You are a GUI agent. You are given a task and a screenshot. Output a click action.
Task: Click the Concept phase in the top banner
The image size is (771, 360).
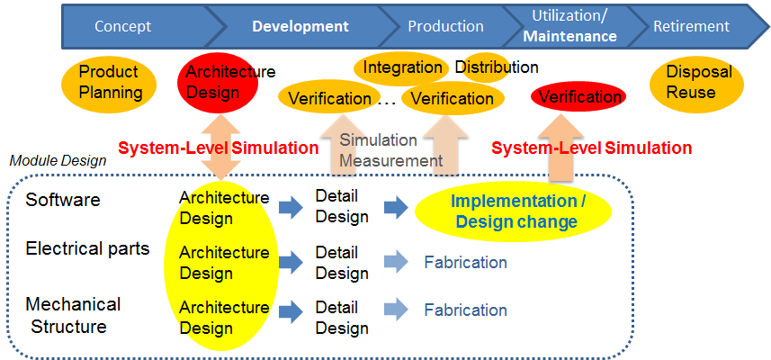122,26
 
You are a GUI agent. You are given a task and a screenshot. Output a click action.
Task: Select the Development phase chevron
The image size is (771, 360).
300,26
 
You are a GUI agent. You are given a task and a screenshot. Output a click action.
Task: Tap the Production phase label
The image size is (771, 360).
445,26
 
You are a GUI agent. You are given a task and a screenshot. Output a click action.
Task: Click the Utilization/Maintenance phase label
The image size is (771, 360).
570,26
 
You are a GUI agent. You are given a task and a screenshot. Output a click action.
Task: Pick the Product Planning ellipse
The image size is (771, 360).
111,81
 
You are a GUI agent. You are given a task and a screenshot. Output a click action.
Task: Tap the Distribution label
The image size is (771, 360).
497,67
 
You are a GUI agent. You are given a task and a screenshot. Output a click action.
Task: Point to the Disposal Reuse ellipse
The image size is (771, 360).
698,82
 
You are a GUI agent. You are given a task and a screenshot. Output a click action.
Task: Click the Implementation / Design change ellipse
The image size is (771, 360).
514,211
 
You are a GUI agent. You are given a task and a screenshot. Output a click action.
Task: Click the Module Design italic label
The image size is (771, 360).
58,160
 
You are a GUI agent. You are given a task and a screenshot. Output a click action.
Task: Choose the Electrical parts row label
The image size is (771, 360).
87,248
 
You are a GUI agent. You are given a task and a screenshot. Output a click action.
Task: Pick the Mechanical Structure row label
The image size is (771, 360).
73,315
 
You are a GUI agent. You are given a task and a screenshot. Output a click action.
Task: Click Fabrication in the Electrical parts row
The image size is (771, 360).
465,263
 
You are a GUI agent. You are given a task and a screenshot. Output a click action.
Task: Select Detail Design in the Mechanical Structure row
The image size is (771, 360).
342,318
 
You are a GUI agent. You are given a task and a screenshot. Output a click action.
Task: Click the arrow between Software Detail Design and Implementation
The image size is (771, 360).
396,209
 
